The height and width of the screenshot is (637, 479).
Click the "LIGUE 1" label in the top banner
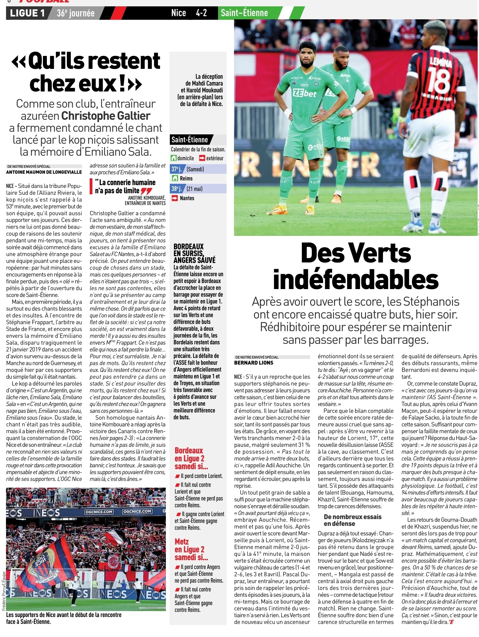pyautogui.click(x=27, y=13)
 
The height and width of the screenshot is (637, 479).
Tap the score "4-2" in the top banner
pyautogui.click(x=201, y=13)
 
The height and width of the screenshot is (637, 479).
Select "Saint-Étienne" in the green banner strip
pyautogui.click(x=244, y=13)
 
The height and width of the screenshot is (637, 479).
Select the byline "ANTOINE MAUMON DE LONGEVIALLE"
pyautogui.click(x=44, y=172)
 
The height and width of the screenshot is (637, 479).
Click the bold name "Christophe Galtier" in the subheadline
pyautogui.click(x=106, y=116)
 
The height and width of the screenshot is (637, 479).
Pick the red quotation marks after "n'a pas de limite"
pyautogui.click(x=146, y=191)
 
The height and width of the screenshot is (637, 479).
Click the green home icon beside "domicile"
pyautogui.click(x=174, y=158)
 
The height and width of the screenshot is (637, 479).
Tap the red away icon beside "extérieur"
pyautogui.click(x=202, y=158)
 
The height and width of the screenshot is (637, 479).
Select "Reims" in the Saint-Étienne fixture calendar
pyautogui.click(x=186, y=179)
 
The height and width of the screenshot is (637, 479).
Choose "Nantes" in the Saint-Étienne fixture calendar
pyautogui.click(x=187, y=198)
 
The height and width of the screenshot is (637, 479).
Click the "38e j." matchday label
pyautogui.click(x=177, y=189)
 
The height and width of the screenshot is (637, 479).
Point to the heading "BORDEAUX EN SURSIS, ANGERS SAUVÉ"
pyautogui.click(x=194, y=253)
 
